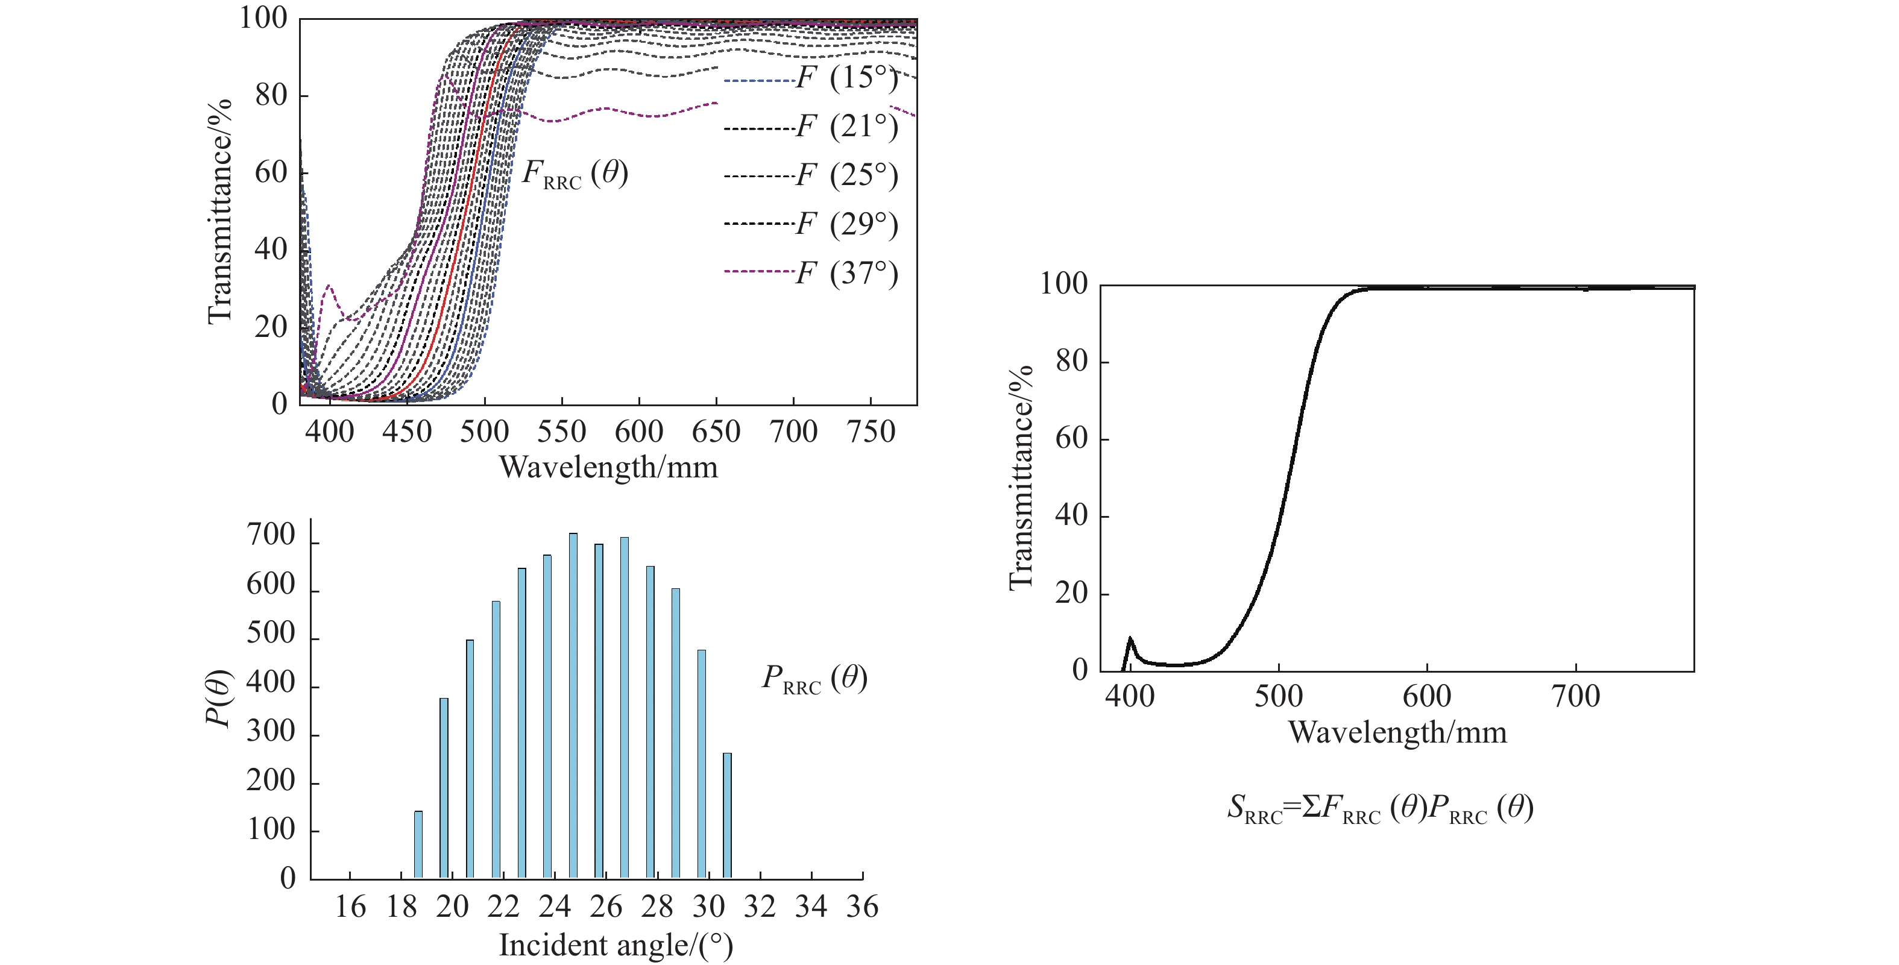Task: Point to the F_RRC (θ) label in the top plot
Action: [575, 174]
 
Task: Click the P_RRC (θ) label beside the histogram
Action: [814, 679]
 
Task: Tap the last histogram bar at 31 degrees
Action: [727, 816]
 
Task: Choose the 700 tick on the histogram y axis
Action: [271, 536]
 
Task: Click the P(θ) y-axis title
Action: [219, 698]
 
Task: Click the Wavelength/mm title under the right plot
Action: [1397, 733]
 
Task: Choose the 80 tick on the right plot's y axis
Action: [1071, 362]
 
